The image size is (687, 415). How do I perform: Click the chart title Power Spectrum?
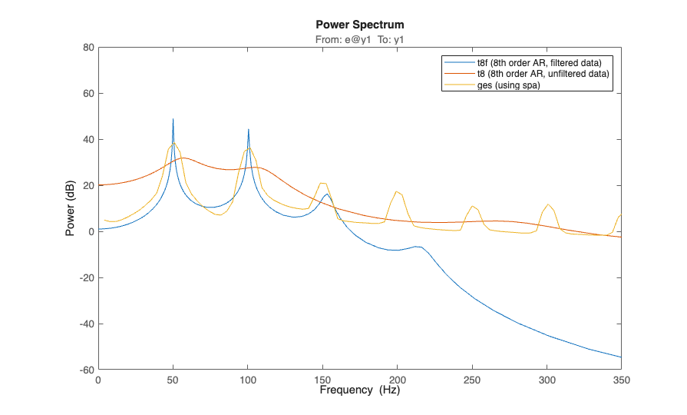(x=359, y=25)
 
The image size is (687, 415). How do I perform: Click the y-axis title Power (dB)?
(x=70, y=208)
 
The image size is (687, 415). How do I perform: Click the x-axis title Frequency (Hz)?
(x=359, y=390)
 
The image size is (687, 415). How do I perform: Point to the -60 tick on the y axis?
(x=86, y=370)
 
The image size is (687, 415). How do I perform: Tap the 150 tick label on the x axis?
(x=322, y=380)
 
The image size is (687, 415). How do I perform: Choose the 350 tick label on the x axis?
(x=621, y=380)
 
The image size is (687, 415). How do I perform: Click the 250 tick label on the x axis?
(x=472, y=380)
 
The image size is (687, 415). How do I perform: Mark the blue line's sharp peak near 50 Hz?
(x=173, y=119)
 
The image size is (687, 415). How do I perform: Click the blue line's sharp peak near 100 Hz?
(x=249, y=129)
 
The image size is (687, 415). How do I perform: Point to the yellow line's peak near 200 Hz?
(x=397, y=191)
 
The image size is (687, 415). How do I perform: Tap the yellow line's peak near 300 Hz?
(x=547, y=204)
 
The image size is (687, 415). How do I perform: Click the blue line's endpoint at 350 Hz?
(x=621, y=357)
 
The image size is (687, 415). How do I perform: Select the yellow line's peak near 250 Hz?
(x=472, y=206)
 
